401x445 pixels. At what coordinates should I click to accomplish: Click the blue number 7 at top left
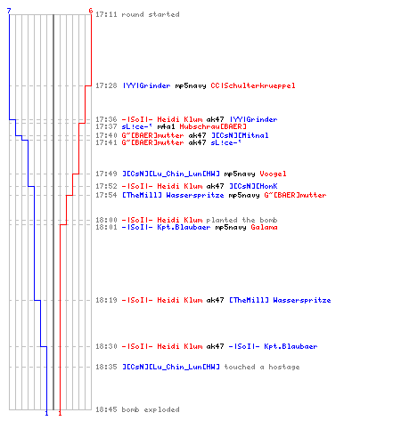click(x=9, y=11)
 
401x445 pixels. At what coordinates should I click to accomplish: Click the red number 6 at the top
click(x=91, y=11)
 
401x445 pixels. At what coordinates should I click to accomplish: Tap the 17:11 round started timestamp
click(x=106, y=14)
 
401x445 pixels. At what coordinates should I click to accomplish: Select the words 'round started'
click(x=151, y=14)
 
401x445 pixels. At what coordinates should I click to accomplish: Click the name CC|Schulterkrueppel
click(x=253, y=85)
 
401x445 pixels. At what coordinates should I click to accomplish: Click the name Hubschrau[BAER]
click(x=213, y=126)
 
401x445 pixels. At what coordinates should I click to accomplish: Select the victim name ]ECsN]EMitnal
click(x=240, y=135)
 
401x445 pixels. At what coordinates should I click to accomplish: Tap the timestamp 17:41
click(x=106, y=142)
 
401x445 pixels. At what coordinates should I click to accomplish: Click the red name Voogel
click(x=273, y=174)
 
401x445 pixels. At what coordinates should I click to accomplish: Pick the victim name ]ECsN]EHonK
click(x=253, y=186)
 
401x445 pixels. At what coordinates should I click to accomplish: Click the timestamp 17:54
click(x=106, y=195)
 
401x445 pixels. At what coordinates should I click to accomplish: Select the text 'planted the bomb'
click(x=241, y=220)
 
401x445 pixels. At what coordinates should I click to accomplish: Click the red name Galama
click(x=264, y=227)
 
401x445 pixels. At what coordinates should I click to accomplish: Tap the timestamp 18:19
click(x=106, y=300)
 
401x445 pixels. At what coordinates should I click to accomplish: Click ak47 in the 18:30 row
click(x=215, y=346)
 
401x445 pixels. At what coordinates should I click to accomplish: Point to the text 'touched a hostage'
click(x=262, y=367)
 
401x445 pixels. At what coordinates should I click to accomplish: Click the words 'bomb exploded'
click(x=151, y=409)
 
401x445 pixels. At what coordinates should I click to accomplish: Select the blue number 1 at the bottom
click(x=46, y=413)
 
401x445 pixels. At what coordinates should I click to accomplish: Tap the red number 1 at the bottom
click(x=60, y=413)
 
